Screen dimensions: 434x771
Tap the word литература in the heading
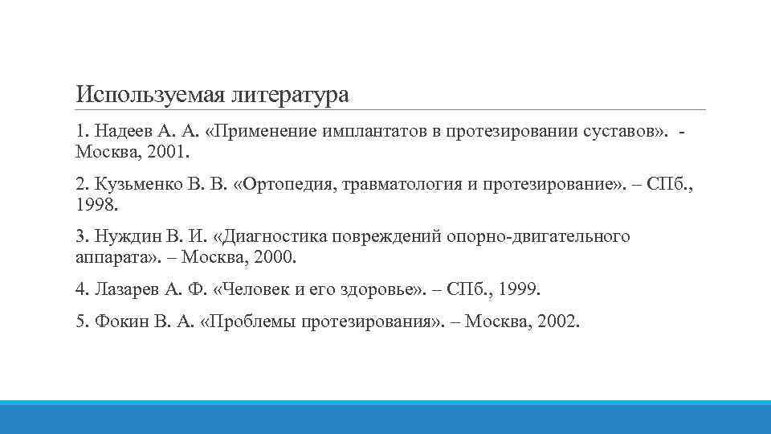click(x=290, y=95)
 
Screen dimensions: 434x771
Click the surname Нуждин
click(x=128, y=238)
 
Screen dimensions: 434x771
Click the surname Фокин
click(x=123, y=321)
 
